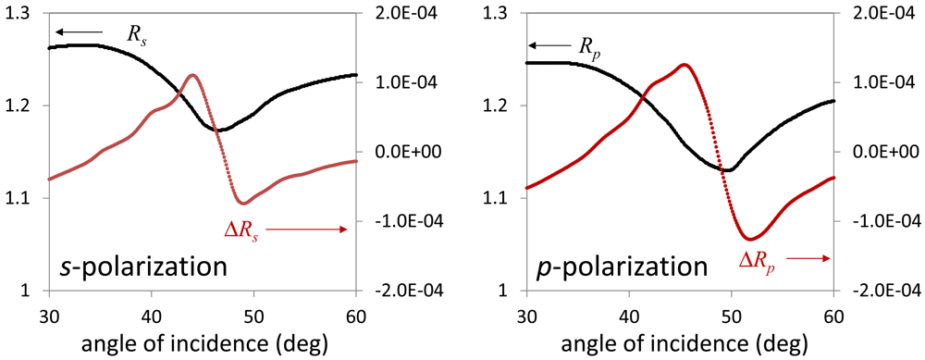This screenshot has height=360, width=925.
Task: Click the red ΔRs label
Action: (242, 228)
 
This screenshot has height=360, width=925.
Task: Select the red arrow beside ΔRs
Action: (310, 229)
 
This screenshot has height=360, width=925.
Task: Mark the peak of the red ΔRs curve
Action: (192, 76)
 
